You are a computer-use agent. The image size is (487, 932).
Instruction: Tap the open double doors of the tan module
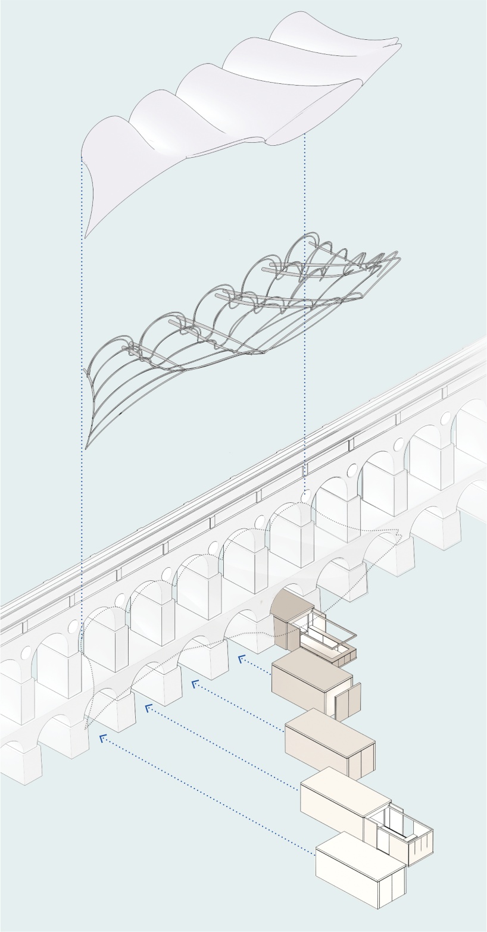pos(348,702)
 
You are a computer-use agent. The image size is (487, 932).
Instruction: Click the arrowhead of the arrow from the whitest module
pos(102,738)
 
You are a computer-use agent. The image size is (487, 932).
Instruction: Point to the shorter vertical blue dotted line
pos(305,309)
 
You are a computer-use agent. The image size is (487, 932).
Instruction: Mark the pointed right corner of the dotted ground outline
pos(401,537)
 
